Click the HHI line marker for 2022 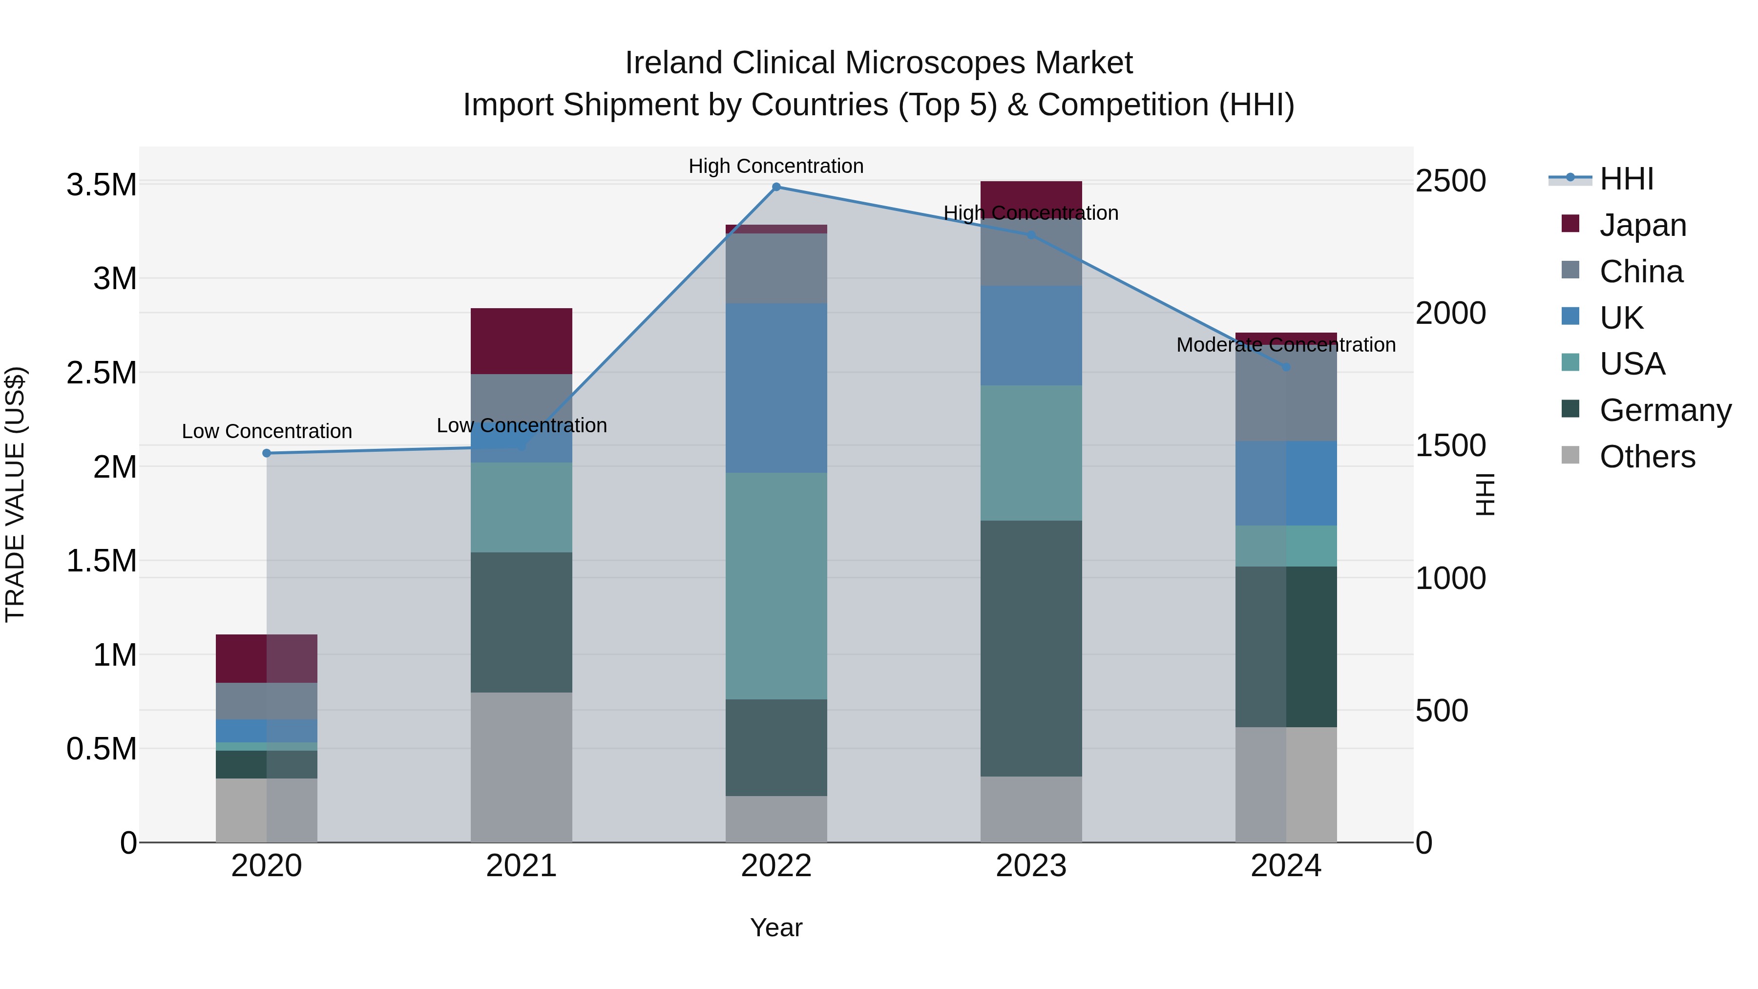[x=776, y=187]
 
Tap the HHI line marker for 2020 [x=267, y=453]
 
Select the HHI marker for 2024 [x=1286, y=366]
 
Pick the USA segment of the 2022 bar [x=776, y=586]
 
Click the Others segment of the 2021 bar [x=522, y=767]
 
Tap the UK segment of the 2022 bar [x=776, y=388]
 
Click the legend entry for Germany [x=1665, y=410]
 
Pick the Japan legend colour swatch [x=1570, y=224]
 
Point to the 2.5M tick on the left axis [x=101, y=373]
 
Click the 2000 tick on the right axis [x=1450, y=313]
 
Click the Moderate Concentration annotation [x=1286, y=345]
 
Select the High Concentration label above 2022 [x=776, y=166]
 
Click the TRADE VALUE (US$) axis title [x=15, y=494]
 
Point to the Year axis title [x=776, y=927]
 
